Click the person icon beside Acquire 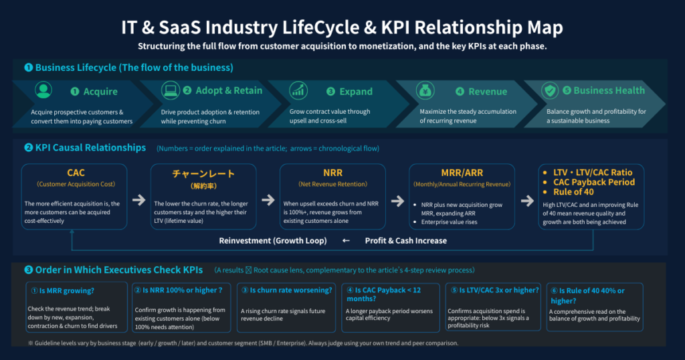43,90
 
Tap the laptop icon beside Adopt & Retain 171,90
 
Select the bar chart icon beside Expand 298,90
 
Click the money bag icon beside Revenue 425,90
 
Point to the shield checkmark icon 550,90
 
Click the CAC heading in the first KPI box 76,173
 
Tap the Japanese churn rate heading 203,173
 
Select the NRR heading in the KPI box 333,173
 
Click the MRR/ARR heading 462,173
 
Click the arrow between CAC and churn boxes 139,200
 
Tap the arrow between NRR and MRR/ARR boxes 397,201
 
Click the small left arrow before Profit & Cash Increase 346,241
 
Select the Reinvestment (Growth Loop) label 273,241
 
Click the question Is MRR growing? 62,290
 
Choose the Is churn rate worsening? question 287,290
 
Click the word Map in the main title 545,27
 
